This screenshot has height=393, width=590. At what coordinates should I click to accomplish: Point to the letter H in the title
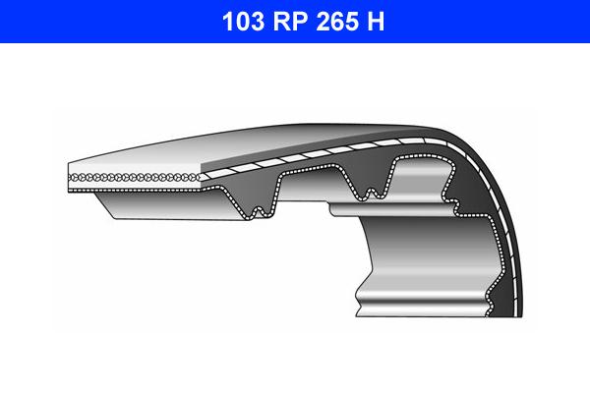click(377, 21)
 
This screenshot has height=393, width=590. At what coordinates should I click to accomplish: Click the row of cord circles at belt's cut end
click(133, 177)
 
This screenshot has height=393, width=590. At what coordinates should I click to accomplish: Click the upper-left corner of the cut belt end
click(69, 164)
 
